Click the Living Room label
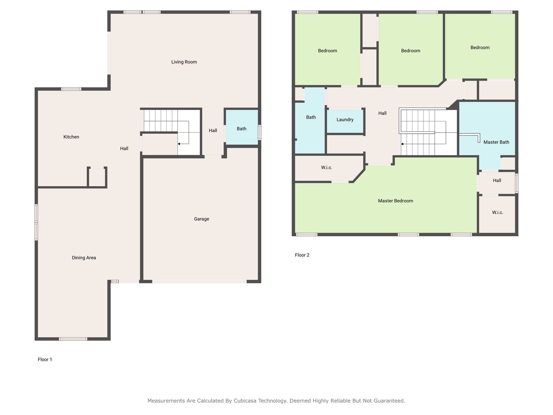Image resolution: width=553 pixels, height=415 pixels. pyautogui.click(x=184, y=62)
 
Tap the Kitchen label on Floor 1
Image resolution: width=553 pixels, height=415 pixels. pyautogui.click(x=71, y=137)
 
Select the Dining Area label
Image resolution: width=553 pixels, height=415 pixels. pyautogui.click(x=84, y=257)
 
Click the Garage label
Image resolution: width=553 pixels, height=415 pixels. pyautogui.click(x=201, y=219)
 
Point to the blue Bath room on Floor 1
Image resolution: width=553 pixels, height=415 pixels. pyautogui.click(x=242, y=128)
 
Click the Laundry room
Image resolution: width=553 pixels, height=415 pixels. pyautogui.click(x=345, y=121)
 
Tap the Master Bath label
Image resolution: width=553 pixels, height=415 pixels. pyautogui.click(x=496, y=142)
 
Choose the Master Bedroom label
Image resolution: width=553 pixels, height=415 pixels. pyautogui.click(x=395, y=201)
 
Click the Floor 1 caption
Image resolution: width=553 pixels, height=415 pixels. pyautogui.click(x=45, y=359)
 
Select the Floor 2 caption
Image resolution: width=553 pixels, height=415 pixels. pyautogui.click(x=302, y=255)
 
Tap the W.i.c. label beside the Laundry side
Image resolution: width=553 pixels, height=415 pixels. pyautogui.click(x=326, y=168)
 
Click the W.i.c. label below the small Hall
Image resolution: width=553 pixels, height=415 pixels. pyautogui.click(x=497, y=212)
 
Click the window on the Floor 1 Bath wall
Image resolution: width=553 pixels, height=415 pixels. pyautogui.click(x=259, y=132)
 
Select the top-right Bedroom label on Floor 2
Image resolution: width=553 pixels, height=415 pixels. pyautogui.click(x=480, y=48)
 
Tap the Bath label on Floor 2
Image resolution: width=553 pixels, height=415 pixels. pyautogui.click(x=311, y=117)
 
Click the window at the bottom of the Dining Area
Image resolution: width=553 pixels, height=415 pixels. pyautogui.click(x=73, y=339)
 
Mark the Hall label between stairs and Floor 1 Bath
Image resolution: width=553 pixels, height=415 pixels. pyautogui.click(x=213, y=131)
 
